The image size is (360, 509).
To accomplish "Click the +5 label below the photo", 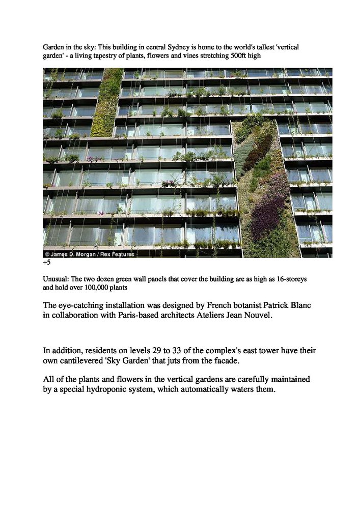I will (x=47, y=263).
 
